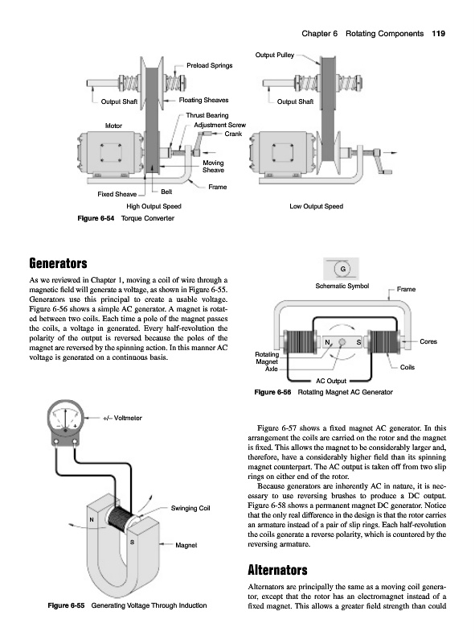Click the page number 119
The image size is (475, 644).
coord(438,34)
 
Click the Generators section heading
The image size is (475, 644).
coord(58,263)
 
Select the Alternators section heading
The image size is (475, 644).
coord(278,570)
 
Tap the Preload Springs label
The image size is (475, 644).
coord(209,65)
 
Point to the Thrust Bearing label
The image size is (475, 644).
coord(207,115)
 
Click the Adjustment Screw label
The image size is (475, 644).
coord(220,125)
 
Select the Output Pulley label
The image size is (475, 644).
coord(274,55)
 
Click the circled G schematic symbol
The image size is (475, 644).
coord(343,269)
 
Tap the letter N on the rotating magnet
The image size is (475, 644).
coord(327,342)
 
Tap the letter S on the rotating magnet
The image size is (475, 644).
coord(358,342)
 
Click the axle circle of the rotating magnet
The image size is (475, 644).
coord(342,342)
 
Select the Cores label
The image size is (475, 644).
coord(428,341)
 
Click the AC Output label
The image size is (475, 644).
coord(331,381)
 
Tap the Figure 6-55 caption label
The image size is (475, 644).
coord(66,605)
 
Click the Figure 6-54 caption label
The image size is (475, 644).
coord(96,218)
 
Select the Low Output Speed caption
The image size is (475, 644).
coord(316,206)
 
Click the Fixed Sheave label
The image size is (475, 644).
coord(117,194)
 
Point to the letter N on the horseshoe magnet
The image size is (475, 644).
coord(92,520)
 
